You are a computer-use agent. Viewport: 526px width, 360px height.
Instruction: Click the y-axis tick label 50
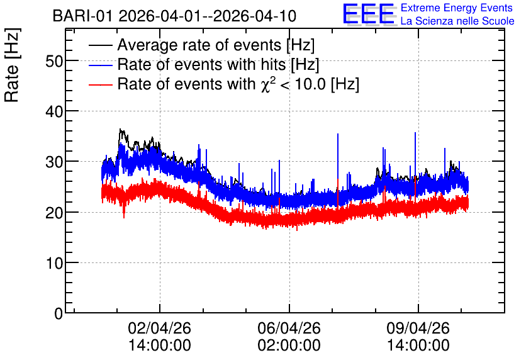click(x=54, y=62)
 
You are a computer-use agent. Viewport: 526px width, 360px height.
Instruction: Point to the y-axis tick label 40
click(x=54, y=112)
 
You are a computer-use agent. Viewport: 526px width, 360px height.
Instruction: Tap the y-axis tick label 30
click(x=54, y=162)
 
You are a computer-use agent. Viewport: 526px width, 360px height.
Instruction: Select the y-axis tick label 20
click(x=54, y=213)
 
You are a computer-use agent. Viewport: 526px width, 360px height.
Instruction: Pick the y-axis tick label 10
click(x=55, y=263)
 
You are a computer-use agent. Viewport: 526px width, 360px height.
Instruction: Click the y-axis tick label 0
click(x=59, y=313)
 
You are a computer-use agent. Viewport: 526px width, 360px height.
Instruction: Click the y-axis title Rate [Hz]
click(x=12, y=65)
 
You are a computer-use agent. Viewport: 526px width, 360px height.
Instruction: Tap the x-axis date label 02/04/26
click(x=160, y=328)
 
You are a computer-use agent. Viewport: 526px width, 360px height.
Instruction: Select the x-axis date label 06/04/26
click(x=289, y=328)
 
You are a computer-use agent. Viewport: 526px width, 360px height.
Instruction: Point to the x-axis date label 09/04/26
click(x=418, y=328)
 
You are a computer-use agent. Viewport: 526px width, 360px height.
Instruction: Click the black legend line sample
click(x=100, y=45)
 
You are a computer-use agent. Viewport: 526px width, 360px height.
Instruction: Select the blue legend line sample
click(x=100, y=65)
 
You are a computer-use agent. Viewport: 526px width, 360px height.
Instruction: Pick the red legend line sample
click(x=100, y=84)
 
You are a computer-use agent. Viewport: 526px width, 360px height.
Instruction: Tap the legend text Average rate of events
click(x=199, y=45)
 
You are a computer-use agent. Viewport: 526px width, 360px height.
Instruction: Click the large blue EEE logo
click(x=369, y=14)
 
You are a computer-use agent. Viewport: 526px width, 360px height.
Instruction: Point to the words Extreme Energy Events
click(x=457, y=8)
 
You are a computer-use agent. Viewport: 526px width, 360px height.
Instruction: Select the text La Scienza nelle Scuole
click(x=457, y=21)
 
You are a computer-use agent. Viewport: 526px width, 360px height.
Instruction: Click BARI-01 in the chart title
click(x=82, y=16)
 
